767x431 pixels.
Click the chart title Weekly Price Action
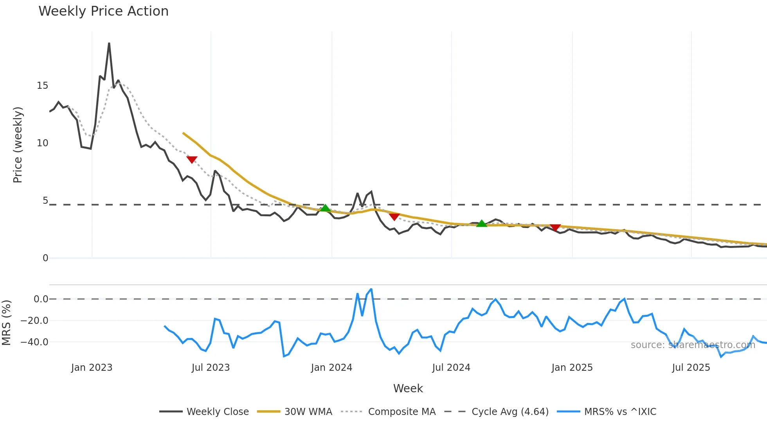(103, 11)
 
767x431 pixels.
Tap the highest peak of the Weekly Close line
(109, 43)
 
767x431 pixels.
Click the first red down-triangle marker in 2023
(192, 159)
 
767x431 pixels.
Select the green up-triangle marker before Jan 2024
(325, 208)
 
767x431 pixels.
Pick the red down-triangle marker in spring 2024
(394, 216)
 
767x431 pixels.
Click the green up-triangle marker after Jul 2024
(482, 223)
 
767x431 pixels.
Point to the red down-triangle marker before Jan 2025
(555, 227)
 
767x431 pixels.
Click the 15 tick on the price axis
(42, 86)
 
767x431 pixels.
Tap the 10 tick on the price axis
(42, 143)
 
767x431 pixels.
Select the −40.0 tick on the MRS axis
(34, 342)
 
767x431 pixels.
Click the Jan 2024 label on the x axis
(331, 368)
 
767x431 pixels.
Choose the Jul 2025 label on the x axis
(691, 368)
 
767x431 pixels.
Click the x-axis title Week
(408, 388)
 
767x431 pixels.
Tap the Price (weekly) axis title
(18, 145)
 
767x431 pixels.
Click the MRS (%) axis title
(7, 323)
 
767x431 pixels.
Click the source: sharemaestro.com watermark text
(693, 345)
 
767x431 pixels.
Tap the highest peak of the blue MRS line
(371, 289)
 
